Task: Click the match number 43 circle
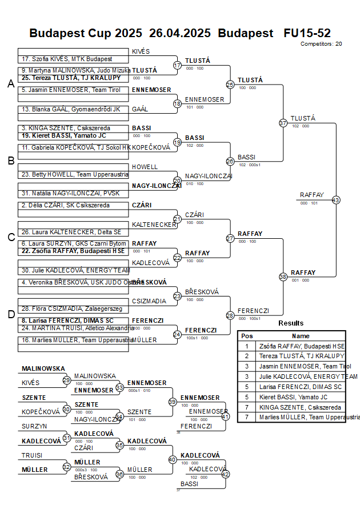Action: pyautogui.click(x=336, y=200)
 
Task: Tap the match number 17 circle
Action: pyautogui.click(x=177, y=65)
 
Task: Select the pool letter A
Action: pyautogui.click(x=10, y=84)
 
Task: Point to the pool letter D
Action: pyautogui.click(x=10, y=314)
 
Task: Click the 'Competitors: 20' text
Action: pyautogui.click(x=321, y=43)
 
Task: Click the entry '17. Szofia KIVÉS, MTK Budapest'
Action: pyautogui.click(x=66, y=59)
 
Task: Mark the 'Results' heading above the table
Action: pyautogui.click(x=291, y=323)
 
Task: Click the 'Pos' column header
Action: pyautogui.click(x=247, y=336)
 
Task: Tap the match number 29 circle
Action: pyautogui.click(x=67, y=380)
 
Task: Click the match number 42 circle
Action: pyautogui.click(x=225, y=474)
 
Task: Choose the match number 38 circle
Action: pyautogui.click(x=283, y=276)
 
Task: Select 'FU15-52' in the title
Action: pyautogui.click(x=307, y=33)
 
